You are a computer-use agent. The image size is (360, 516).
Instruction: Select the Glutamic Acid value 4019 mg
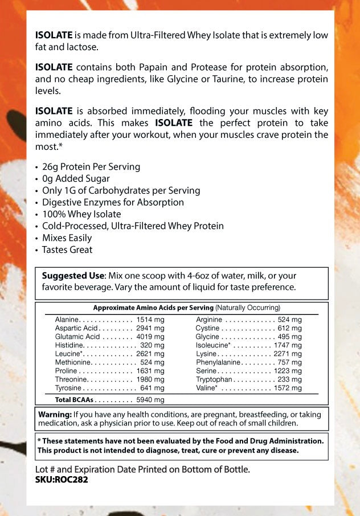(x=150, y=337)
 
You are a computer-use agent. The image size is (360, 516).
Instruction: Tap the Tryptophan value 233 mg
(x=290, y=379)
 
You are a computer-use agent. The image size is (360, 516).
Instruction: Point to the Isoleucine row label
(x=213, y=345)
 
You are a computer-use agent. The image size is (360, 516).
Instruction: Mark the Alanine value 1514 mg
(x=150, y=320)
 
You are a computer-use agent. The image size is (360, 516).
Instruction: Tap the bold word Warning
(x=55, y=414)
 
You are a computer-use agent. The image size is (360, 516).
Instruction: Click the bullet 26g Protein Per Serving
(x=91, y=167)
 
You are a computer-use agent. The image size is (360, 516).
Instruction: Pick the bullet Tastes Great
(x=67, y=249)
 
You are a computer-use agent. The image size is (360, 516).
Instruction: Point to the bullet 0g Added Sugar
(x=76, y=179)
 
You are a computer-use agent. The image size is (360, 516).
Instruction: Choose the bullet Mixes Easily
(x=67, y=237)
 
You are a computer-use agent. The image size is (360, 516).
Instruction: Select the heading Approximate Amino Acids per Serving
(x=153, y=308)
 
